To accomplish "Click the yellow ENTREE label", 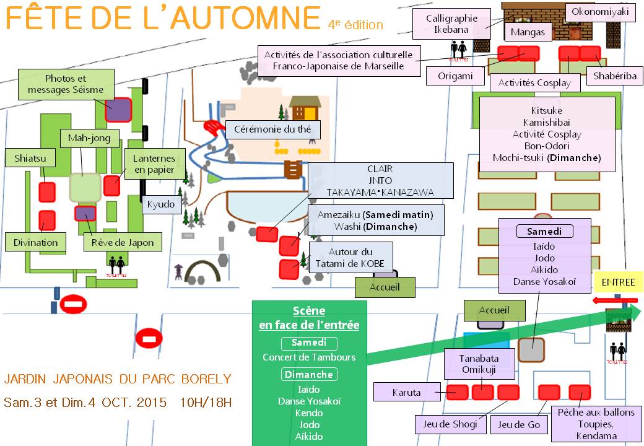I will point(619,282).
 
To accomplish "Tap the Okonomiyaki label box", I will point(600,12).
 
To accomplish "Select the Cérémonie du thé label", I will point(272,129).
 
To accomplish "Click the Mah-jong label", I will point(85,138).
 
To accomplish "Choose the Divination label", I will point(35,242).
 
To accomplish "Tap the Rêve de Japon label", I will point(123,242).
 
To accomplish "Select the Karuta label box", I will point(406,392).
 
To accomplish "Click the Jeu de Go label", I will point(520,424).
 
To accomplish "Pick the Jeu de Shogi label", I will point(446,424).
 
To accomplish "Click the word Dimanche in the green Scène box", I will point(309,374).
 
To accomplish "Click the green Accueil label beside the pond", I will point(385,287).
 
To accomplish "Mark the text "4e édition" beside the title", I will point(355,25).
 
